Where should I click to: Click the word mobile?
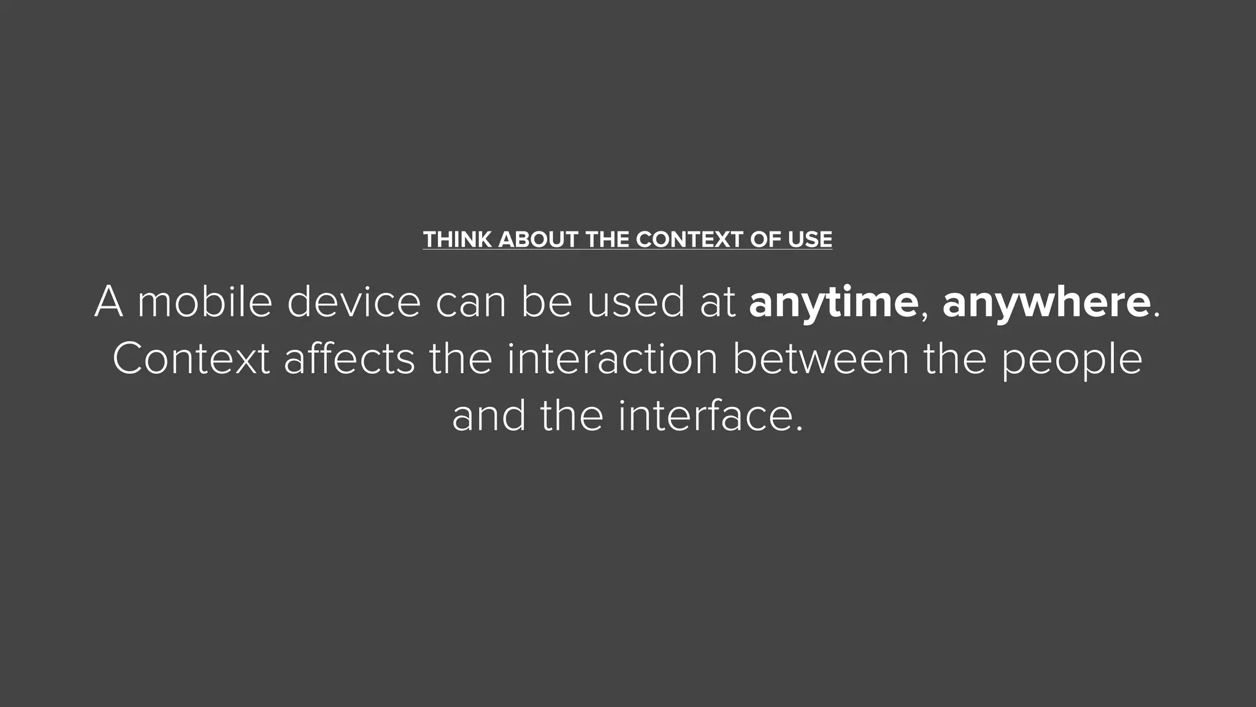coord(205,302)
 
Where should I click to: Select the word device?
coord(354,302)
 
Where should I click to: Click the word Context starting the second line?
coord(191,359)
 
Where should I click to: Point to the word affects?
coord(349,359)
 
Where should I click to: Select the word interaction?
coord(612,359)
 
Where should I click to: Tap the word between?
coord(821,359)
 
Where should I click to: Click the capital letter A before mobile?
coord(109,302)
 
